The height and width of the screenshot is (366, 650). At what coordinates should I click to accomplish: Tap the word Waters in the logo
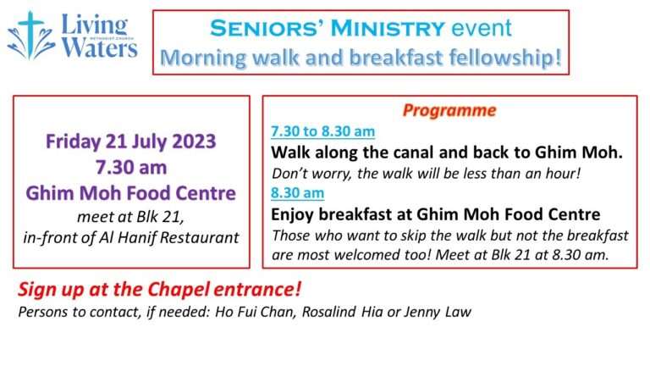point(100,47)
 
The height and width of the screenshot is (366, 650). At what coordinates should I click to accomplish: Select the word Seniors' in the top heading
point(263,28)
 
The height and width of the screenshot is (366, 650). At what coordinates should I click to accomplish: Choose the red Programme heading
point(449,111)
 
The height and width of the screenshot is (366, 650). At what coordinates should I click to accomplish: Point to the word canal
point(434,153)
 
